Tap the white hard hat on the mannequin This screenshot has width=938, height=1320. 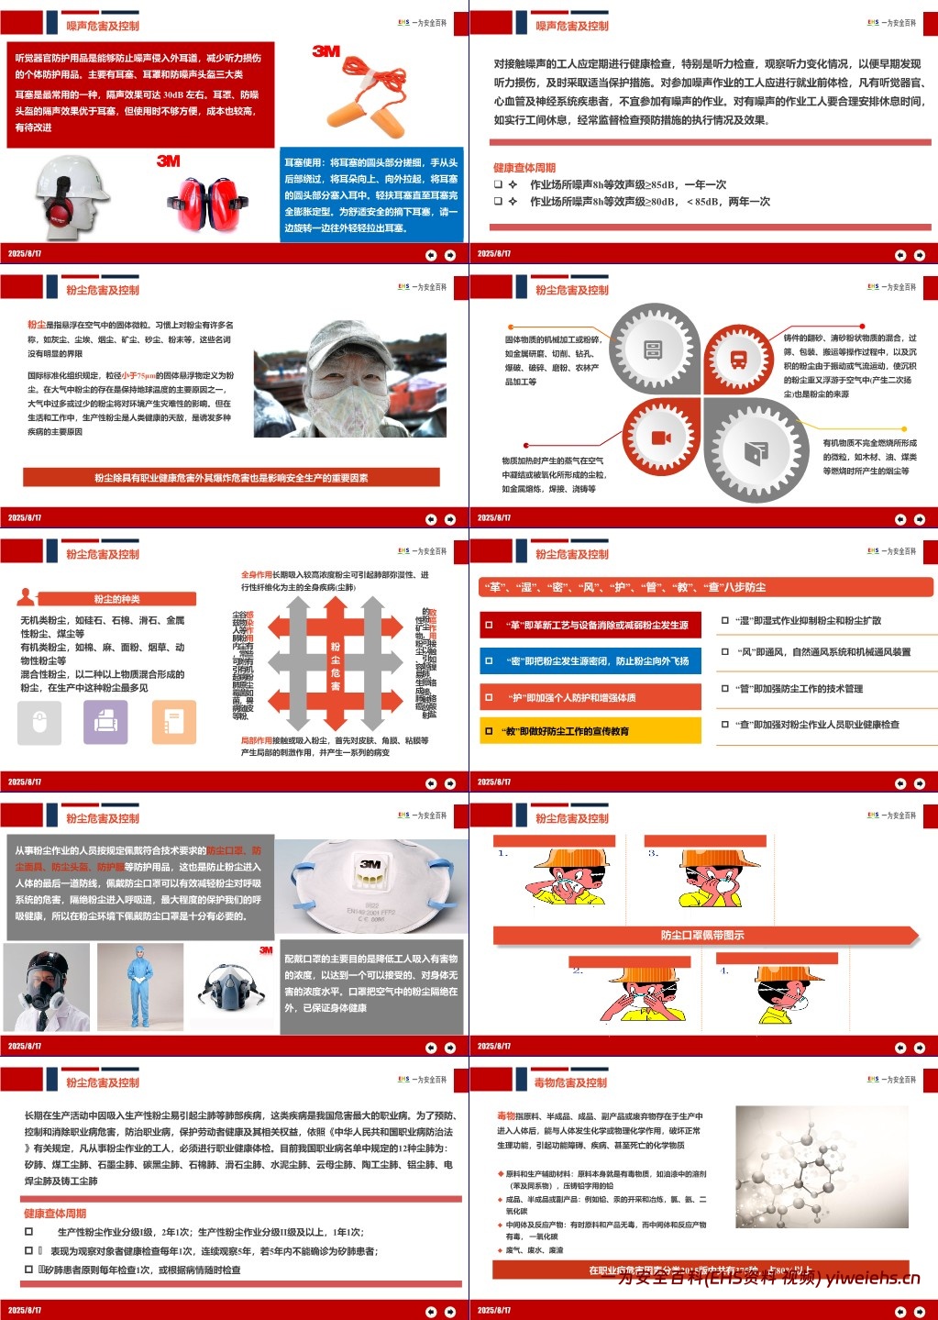tap(71, 173)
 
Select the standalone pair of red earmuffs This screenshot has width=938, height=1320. tap(208, 204)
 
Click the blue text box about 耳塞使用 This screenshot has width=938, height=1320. tap(371, 194)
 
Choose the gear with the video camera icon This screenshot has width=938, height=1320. tap(661, 438)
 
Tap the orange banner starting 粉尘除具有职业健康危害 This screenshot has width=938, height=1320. tap(231, 477)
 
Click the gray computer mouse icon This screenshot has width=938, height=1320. tap(39, 722)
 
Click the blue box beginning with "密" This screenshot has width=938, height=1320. tap(590, 660)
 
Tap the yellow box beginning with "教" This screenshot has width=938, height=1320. tap(590, 731)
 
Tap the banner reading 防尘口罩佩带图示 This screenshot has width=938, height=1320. tap(703, 935)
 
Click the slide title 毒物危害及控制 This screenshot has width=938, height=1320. tap(570, 1082)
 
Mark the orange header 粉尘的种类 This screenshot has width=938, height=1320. tap(117, 599)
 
